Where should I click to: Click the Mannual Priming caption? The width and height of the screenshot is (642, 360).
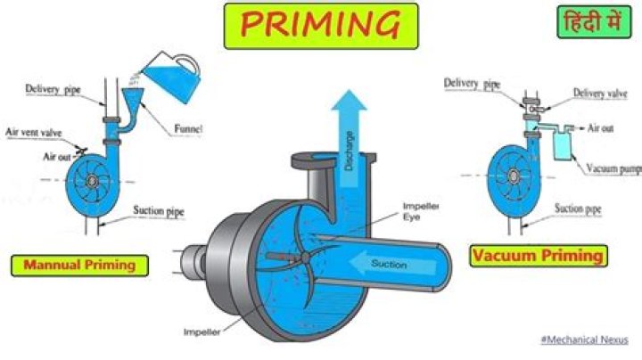coord(80,265)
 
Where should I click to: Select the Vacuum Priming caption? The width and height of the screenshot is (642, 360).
coord(538,256)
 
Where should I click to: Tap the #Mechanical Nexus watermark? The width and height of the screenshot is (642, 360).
coord(585,340)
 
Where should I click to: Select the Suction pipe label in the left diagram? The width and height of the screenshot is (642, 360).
coord(159,212)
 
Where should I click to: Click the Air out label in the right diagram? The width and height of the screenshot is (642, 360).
coord(600,128)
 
